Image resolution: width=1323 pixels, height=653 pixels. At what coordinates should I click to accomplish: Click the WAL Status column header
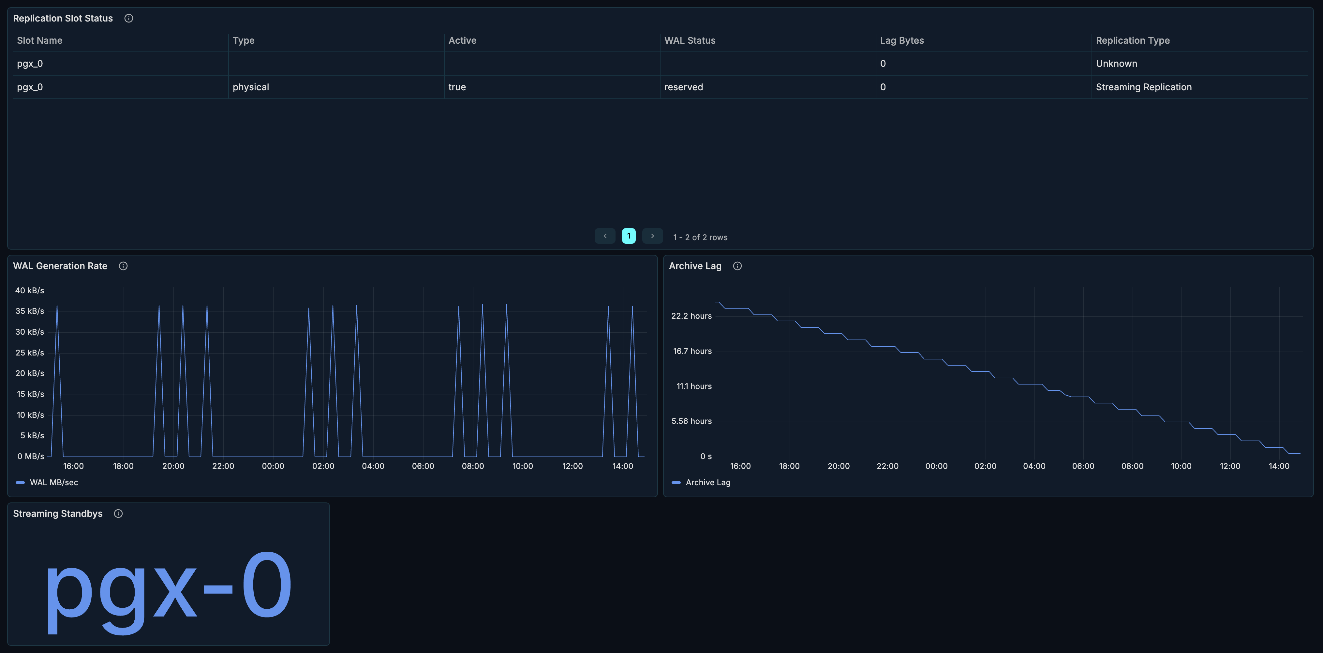tap(689, 40)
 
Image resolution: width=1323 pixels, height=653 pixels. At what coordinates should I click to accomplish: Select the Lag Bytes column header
tap(901, 40)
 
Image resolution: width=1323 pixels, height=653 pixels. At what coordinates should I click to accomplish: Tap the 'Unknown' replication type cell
tap(1116, 64)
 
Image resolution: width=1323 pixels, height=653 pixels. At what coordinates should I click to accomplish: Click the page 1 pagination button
tap(628, 236)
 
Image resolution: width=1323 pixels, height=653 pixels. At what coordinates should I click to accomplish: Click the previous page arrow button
tap(604, 236)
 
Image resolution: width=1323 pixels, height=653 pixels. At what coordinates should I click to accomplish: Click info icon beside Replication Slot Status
tap(129, 19)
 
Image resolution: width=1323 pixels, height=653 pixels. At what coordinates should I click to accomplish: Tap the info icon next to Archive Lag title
tap(737, 266)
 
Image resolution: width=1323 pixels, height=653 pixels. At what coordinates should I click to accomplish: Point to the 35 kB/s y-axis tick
tap(30, 311)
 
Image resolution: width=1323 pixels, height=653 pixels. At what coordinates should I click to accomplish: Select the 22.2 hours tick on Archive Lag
tap(691, 316)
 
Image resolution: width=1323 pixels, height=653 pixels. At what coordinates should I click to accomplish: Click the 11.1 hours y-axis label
tap(693, 386)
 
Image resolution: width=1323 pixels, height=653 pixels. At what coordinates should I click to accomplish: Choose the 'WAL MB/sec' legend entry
tap(53, 483)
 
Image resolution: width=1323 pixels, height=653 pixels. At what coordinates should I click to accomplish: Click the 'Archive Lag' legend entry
tap(707, 483)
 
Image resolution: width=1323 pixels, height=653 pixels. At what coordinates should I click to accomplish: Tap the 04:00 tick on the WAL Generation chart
tap(373, 466)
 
